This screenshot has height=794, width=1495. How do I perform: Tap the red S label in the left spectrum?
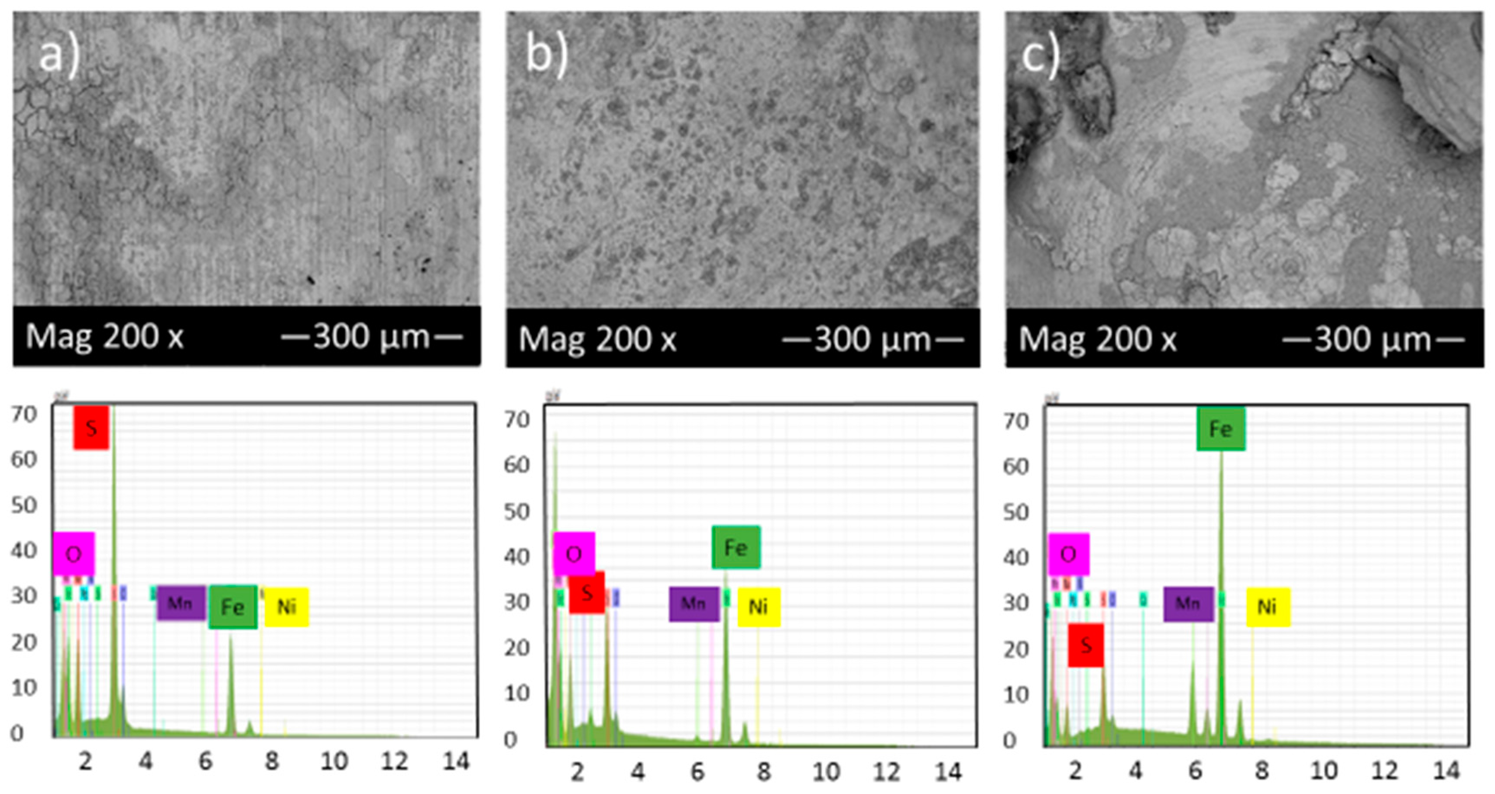click(x=91, y=428)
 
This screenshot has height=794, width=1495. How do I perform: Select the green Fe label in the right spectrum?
click(x=1220, y=429)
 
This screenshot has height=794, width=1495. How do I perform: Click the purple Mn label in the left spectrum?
click(x=181, y=603)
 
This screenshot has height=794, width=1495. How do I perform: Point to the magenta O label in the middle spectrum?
click(x=574, y=554)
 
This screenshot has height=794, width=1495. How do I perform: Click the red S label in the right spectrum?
click(x=1085, y=645)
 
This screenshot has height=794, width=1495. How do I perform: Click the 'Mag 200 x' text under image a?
click(x=104, y=336)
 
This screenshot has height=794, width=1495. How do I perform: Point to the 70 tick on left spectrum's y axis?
click(x=24, y=414)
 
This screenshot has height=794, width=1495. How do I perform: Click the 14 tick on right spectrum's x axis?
click(x=1446, y=770)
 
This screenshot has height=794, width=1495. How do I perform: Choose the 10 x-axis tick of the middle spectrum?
click(x=825, y=772)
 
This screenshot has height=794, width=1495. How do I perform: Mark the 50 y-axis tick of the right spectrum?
click(x=1015, y=512)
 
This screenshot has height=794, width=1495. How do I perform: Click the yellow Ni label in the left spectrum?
click(x=287, y=607)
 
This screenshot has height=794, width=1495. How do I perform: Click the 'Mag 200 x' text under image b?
click(x=597, y=339)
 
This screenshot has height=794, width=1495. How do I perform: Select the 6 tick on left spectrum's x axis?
click(x=205, y=761)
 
